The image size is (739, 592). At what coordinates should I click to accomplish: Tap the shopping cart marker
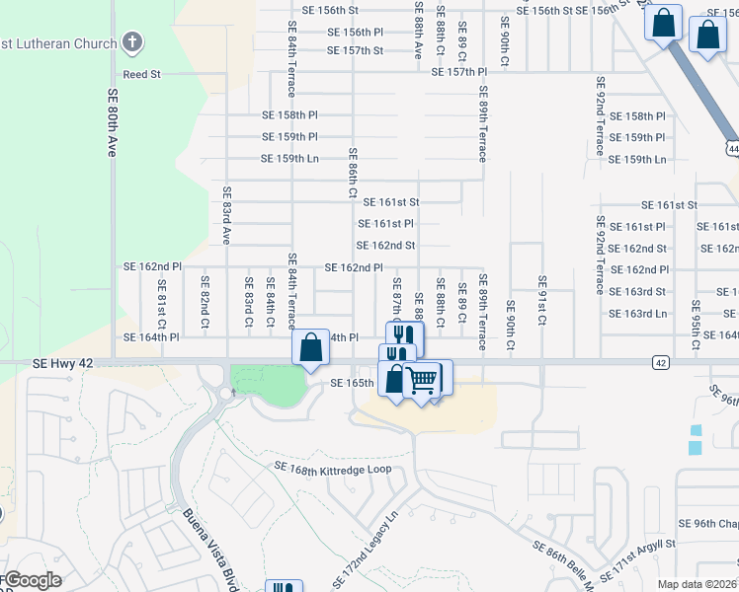pos(423,379)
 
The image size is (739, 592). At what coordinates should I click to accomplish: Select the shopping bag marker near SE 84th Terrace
pos(310,348)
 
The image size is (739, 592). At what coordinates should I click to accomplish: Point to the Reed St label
pos(141,74)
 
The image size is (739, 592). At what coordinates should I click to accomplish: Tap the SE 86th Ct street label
pos(352,173)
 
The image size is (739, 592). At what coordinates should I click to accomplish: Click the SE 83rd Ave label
pos(226,215)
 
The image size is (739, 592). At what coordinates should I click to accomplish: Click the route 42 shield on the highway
pos(659,363)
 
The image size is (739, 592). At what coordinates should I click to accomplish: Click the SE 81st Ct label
pos(162,304)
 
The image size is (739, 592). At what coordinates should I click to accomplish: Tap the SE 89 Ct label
pos(461,301)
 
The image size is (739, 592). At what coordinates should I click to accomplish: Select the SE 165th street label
pos(352,383)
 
